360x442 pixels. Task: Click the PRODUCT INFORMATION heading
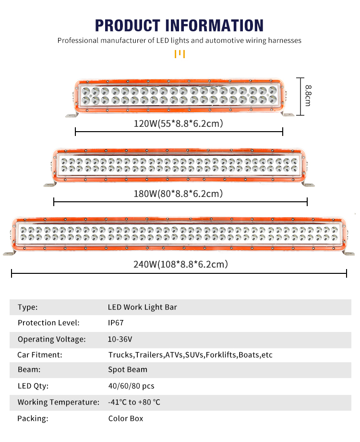click(179, 25)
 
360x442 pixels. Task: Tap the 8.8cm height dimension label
click(308, 96)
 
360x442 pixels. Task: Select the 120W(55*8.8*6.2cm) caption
click(178, 123)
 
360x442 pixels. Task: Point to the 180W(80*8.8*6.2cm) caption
click(178, 194)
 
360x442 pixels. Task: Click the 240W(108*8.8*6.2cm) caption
click(180, 264)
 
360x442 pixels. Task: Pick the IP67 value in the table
click(116, 323)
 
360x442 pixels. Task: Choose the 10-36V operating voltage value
click(120, 339)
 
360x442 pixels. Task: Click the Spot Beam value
click(128, 369)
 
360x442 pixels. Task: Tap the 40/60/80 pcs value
click(131, 386)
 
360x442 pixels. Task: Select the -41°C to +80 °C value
click(134, 402)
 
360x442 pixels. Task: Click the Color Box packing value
click(126, 418)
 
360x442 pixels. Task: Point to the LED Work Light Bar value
click(142, 307)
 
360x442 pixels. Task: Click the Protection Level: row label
click(48, 323)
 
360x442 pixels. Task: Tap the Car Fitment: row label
click(40, 355)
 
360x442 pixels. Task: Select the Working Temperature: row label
click(59, 402)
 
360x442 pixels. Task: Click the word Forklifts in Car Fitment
click(221, 355)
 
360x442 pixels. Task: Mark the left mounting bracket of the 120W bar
click(72, 114)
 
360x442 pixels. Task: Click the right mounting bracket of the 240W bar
click(348, 253)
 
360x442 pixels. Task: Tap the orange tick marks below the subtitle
click(180, 54)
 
